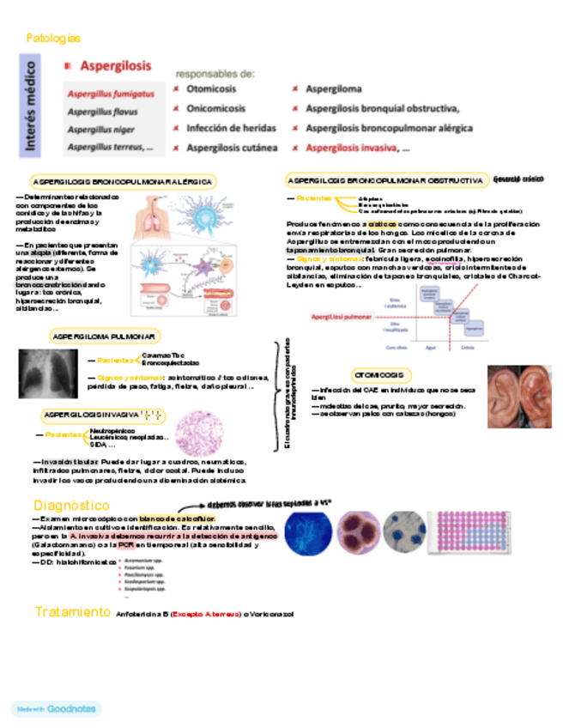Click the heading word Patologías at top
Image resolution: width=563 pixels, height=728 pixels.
coord(53,39)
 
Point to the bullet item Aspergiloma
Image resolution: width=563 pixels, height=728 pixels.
coord(333,89)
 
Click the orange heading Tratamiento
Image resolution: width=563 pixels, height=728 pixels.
coord(72,612)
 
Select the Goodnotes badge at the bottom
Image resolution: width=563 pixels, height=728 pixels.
coord(56,709)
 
